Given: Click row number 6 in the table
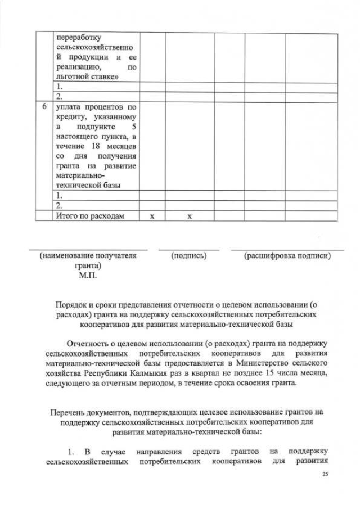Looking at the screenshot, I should click(x=44, y=106).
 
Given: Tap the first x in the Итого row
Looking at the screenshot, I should click(x=152, y=217).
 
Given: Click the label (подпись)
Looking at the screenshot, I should click(x=189, y=256).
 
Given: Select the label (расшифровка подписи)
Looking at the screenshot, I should click(x=287, y=256).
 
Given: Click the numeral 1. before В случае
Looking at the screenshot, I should click(x=71, y=452).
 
